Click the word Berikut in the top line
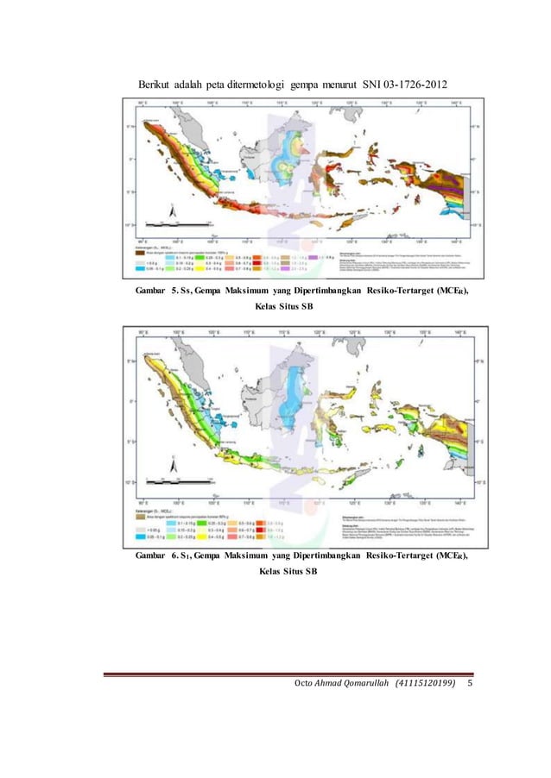pyautogui.click(x=153, y=85)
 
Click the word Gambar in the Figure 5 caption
pyautogui.click(x=151, y=292)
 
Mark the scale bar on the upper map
pyautogui.click(x=176, y=223)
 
